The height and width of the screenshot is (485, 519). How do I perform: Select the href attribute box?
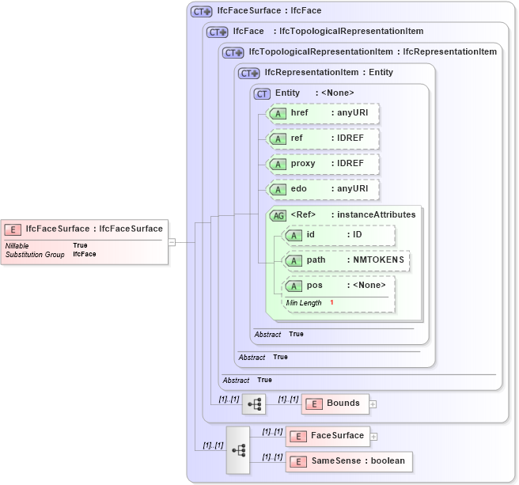coord(324,113)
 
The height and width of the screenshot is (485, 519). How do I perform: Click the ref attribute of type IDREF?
coord(324,138)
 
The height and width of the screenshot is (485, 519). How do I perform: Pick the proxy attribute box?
coord(324,164)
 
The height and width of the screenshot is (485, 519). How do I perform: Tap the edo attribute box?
coord(324,189)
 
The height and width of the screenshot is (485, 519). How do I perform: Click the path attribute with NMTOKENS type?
coord(347,260)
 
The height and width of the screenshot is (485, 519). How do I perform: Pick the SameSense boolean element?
coord(349,461)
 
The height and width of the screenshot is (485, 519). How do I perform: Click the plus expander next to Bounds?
coord(373,404)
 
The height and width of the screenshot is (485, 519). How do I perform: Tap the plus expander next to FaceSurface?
coord(374,437)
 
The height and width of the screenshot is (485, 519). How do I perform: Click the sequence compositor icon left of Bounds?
coord(254,404)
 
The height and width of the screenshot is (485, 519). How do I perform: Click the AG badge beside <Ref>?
coord(278,214)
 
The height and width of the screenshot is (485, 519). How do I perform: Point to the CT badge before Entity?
coord(262,93)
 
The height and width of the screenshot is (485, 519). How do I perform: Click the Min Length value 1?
coord(331,303)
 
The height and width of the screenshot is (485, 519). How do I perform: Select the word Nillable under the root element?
coord(17,246)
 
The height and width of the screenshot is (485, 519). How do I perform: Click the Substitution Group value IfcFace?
coord(85,255)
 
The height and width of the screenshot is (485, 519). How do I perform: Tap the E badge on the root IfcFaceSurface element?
coord(13,229)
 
